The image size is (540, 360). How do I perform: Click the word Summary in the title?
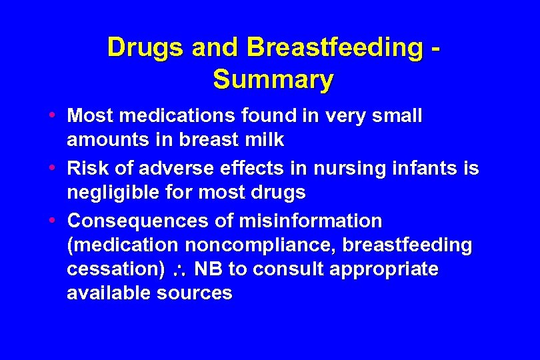pyautogui.click(x=273, y=79)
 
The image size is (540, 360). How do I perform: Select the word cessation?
pyautogui.click(x=111, y=269)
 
